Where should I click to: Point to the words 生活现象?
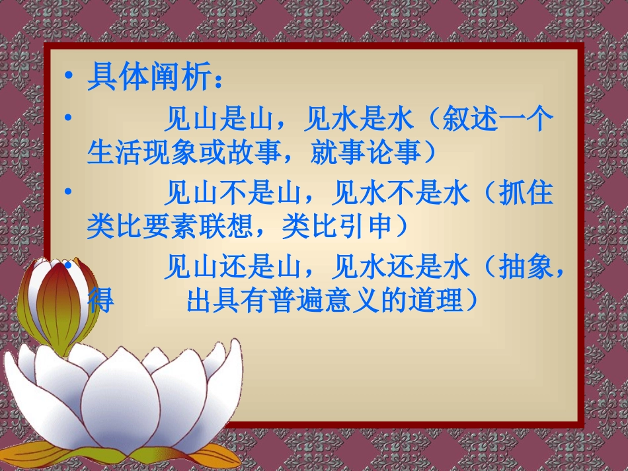click(142, 153)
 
